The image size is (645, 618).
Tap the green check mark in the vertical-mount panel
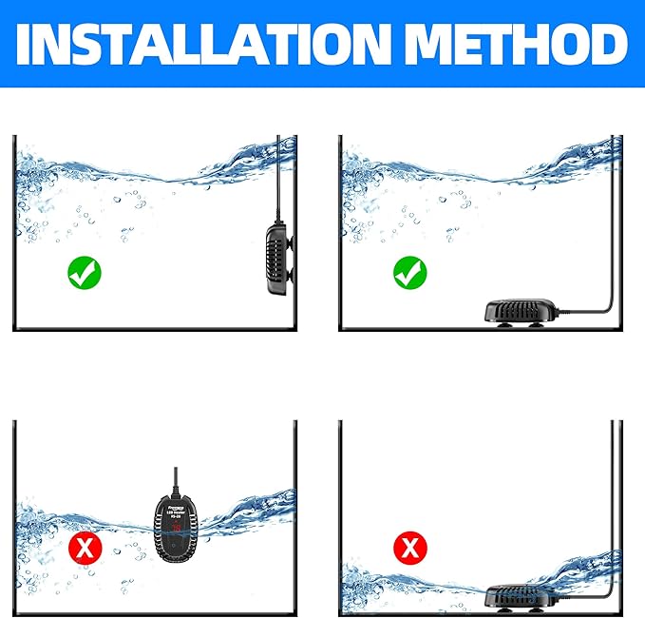(x=84, y=275)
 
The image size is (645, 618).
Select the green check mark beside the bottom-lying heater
(x=410, y=275)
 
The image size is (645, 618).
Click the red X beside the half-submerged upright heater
(x=84, y=548)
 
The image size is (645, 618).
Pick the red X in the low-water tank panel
(x=410, y=548)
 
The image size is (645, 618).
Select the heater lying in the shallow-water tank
(x=522, y=595)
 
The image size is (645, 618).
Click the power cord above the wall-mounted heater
(x=277, y=181)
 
